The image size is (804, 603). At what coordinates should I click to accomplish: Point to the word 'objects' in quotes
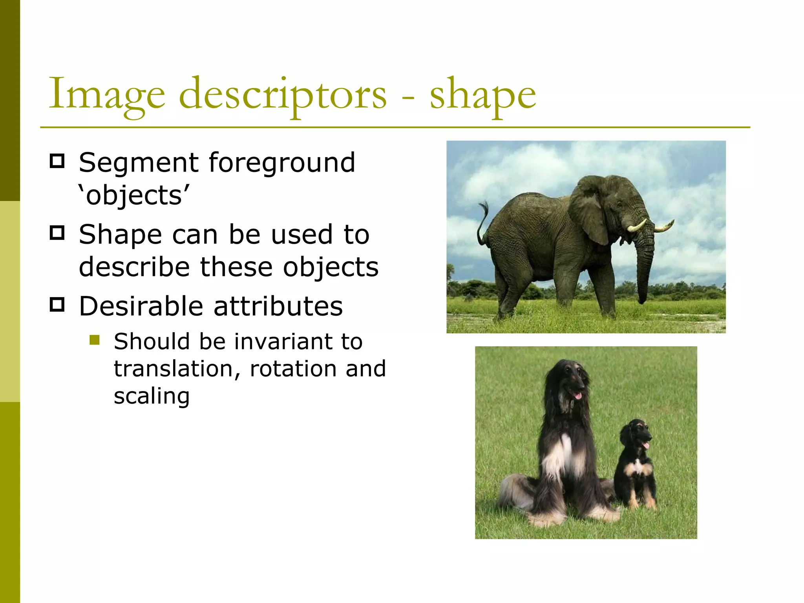[x=134, y=195]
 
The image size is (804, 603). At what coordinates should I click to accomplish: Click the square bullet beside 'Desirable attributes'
[x=57, y=305]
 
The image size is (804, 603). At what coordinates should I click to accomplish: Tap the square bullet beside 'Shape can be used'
[x=57, y=233]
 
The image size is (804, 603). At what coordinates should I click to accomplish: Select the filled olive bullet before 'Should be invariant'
[x=95, y=339]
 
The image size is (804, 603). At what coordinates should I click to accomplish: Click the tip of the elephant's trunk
[x=642, y=300]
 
